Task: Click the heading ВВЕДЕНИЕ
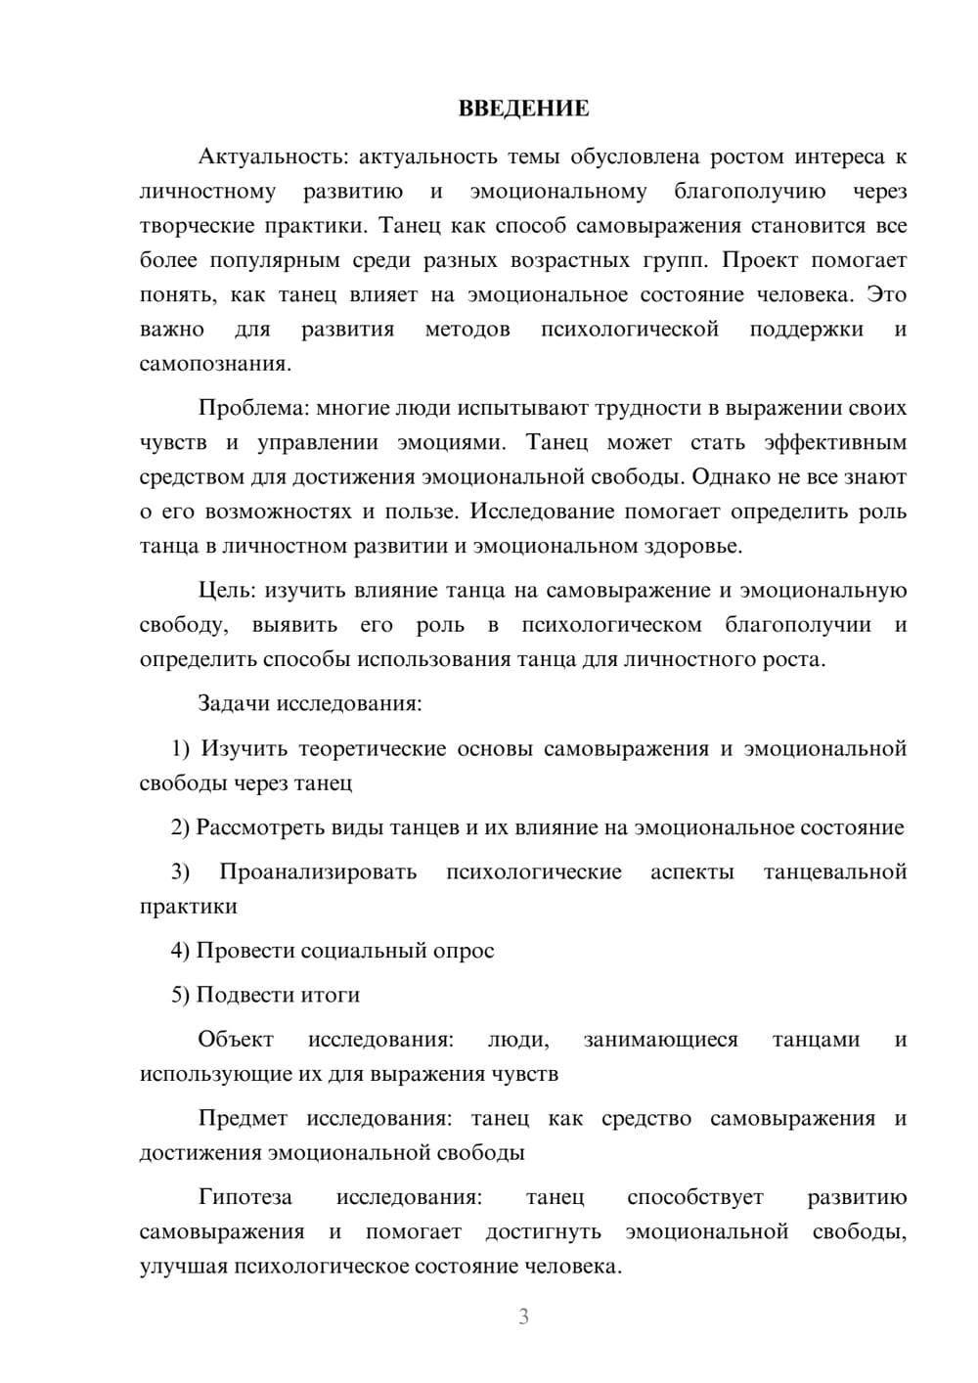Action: (523, 109)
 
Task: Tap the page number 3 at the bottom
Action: (523, 1316)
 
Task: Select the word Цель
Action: (227, 590)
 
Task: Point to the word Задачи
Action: (235, 703)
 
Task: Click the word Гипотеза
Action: (244, 1197)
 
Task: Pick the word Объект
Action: (236, 1039)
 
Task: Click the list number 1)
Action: (181, 748)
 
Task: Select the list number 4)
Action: (181, 951)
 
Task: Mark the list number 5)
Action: (181, 995)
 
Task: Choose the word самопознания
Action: (215, 364)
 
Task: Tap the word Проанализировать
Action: (318, 871)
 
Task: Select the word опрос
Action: (463, 951)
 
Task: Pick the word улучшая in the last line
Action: (183, 1267)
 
